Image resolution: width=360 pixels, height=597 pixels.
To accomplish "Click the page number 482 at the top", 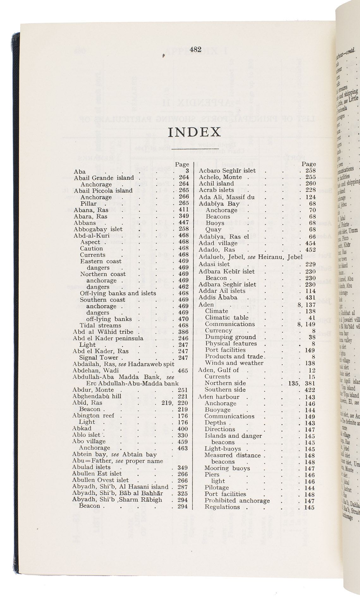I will point(196,50).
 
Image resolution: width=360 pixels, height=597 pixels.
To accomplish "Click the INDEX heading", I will point(194,132).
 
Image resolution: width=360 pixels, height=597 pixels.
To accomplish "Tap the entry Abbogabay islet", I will point(98,229).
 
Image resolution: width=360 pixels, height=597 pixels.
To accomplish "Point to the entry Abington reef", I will point(93,416).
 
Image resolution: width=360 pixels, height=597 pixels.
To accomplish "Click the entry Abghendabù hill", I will point(96,396).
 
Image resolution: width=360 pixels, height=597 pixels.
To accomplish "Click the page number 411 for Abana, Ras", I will point(184,209).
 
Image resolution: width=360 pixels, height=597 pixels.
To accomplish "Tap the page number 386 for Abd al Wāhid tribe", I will point(183,332).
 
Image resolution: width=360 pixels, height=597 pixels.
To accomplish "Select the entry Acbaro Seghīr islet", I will point(227,171).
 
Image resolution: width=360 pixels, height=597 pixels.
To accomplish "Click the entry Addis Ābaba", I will point(218,297).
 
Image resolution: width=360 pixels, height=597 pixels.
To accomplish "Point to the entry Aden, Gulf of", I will point(218,370).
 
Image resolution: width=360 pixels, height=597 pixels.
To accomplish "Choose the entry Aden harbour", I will point(219,397).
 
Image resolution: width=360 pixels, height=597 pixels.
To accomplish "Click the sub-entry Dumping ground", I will point(230,337).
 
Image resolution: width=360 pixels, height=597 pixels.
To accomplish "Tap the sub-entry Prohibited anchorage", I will point(237,501).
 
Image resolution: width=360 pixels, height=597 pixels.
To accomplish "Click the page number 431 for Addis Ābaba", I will point(310,297).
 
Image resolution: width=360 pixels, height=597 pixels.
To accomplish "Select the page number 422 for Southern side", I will point(310,390).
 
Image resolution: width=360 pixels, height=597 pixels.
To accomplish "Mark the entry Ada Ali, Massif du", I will point(226,197).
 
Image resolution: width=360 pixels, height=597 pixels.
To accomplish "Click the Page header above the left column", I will point(182,164).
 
